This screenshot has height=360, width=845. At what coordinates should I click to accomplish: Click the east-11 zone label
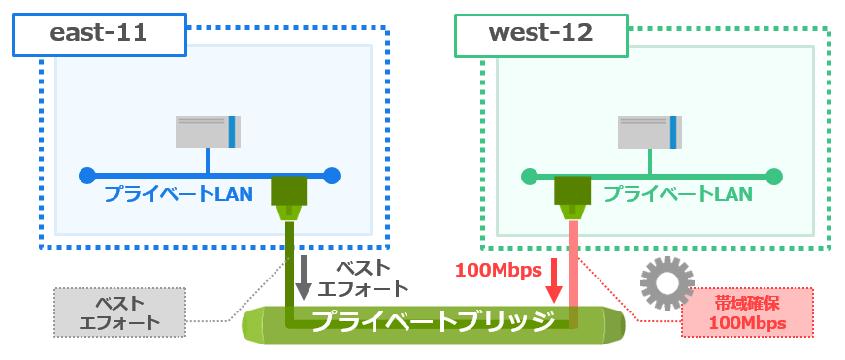pos(98,35)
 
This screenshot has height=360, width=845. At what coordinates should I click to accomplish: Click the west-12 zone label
pos(540,35)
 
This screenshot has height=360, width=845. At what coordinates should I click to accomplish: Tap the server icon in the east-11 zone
pos(209,132)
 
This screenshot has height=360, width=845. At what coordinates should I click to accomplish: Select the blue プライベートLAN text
pos(179,194)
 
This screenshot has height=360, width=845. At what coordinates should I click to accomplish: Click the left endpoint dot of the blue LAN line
pos(87,176)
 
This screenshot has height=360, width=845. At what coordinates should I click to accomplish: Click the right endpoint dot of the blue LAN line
pos(332,176)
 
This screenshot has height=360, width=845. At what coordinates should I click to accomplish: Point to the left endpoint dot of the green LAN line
pos(529,176)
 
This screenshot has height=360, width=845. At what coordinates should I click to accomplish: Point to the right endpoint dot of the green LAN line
pos(773,176)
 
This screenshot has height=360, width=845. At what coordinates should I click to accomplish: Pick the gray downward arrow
pos(304,277)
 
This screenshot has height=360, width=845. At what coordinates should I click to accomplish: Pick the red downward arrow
pos(555,279)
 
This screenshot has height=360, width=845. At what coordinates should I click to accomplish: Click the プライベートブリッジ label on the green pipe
pos(432,320)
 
